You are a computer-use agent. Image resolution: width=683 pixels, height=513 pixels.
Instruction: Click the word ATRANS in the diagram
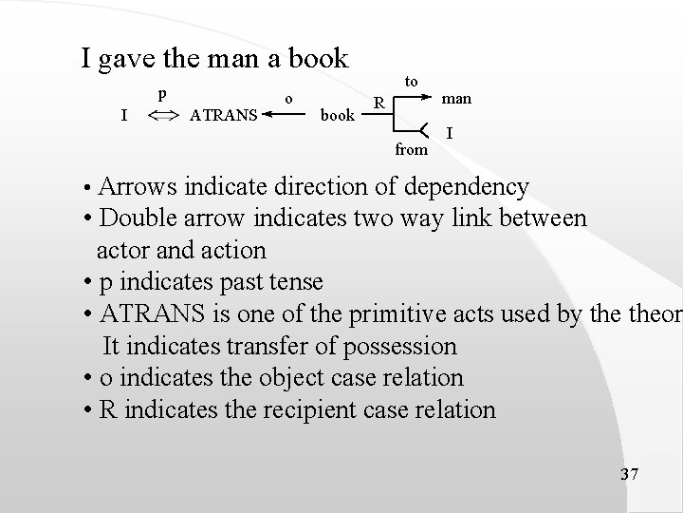click(224, 116)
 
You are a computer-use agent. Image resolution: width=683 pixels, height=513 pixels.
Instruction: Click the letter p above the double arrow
click(162, 94)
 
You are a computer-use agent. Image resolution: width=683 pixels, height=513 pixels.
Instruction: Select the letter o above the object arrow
click(289, 96)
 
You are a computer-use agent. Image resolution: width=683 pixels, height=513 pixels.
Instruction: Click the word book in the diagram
click(338, 116)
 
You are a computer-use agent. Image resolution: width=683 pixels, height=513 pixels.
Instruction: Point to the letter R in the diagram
click(378, 102)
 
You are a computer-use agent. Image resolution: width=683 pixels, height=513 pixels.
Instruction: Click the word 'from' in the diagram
click(412, 148)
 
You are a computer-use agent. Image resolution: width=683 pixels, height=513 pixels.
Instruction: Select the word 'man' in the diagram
click(456, 98)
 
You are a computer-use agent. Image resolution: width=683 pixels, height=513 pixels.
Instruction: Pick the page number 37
click(628, 473)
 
